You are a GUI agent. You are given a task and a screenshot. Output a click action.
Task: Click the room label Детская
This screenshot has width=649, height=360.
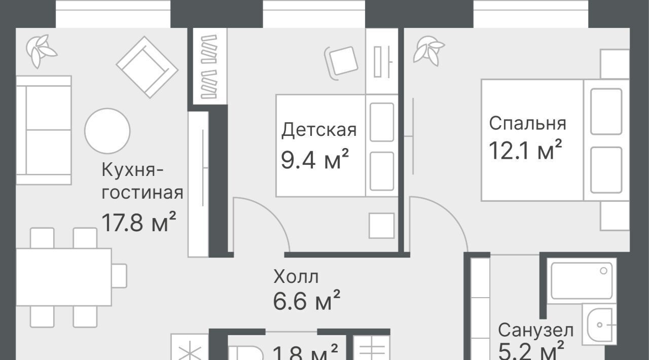[319, 130]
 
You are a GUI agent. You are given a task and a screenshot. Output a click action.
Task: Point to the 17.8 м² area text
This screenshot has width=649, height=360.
[139, 222]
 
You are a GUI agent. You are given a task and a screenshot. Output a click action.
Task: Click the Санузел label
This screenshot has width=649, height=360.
[536, 330]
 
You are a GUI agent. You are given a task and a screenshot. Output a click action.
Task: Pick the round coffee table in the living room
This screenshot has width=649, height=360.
[107, 131]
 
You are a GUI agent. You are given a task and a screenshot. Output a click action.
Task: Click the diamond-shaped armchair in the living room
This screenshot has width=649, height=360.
[147, 67]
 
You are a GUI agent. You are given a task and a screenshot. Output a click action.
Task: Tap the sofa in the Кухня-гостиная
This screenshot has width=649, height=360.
[44, 130]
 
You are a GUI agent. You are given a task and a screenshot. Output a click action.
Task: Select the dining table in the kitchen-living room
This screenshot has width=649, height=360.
[64, 277]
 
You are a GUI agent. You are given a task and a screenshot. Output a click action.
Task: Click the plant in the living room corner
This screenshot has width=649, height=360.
[41, 51]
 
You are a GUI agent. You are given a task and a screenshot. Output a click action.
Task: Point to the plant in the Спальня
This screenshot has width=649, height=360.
[428, 51]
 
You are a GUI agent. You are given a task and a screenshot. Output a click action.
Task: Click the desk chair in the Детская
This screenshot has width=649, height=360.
[341, 62]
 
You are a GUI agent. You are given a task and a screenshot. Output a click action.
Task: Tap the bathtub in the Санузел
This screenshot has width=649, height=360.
[582, 280]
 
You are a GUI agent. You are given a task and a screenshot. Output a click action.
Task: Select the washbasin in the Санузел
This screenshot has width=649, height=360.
[599, 325]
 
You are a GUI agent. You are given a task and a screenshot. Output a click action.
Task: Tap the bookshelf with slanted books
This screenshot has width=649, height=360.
[210, 66]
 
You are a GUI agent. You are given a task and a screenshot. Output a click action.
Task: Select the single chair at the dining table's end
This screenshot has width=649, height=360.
[119, 276]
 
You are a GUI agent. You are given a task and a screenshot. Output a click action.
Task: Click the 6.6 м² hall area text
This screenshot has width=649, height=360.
[307, 300]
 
